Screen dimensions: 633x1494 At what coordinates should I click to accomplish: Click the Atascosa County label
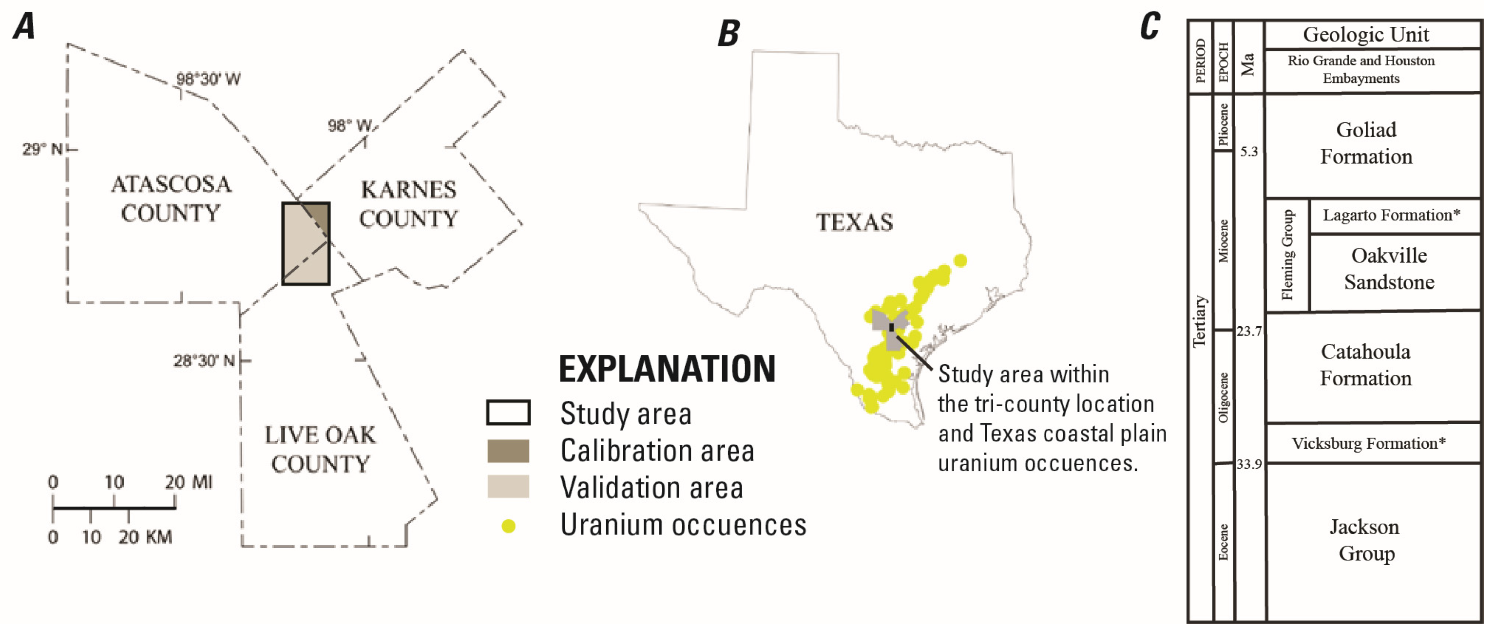(171, 198)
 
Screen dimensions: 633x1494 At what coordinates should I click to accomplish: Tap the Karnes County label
(408, 204)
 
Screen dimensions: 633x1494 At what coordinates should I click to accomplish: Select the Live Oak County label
(320, 449)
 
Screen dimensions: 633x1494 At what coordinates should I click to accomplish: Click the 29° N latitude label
(42, 149)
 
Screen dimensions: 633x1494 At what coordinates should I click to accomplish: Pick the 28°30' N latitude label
(204, 361)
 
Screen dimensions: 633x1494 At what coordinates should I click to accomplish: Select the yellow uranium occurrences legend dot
(509, 526)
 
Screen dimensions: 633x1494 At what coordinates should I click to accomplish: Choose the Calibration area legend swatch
(508, 451)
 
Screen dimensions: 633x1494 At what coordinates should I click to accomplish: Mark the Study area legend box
(508, 413)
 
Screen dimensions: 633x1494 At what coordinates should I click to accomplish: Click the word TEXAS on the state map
(854, 222)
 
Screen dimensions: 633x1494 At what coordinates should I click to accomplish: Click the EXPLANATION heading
(667, 369)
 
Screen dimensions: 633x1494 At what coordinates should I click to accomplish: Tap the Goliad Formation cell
(1366, 143)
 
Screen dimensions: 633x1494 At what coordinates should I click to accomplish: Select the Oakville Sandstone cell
(1389, 269)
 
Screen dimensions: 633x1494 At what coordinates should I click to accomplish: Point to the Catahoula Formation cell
(1366, 365)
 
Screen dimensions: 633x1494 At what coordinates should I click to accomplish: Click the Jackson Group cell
(1366, 540)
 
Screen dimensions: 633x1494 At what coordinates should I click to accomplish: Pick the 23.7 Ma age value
(1249, 331)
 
